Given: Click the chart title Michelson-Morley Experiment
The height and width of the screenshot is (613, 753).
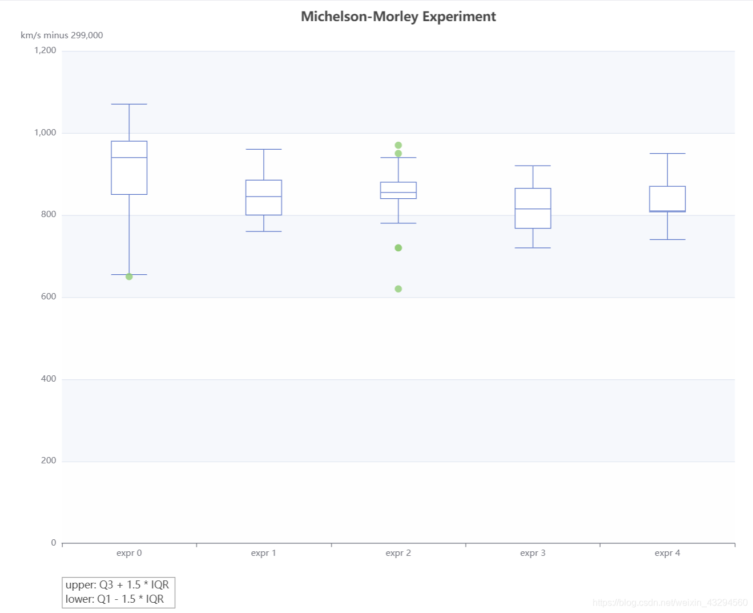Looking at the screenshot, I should (x=398, y=17).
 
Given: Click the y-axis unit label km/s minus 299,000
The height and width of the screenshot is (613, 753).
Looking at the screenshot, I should (x=62, y=35).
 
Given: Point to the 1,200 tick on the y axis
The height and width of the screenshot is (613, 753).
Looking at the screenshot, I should (x=45, y=50).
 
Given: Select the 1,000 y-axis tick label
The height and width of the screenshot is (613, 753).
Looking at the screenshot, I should (x=45, y=133).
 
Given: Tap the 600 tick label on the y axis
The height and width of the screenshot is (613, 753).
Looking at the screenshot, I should (x=49, y=297).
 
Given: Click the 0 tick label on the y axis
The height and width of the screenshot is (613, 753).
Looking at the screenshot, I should (x=54, y=543).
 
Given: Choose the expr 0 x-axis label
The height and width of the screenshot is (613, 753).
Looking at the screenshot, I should (x=129, y=553).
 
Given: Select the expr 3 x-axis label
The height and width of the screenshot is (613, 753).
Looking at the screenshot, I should (x=533, y=553).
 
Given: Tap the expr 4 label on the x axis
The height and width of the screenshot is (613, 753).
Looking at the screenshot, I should (x=667, y=553).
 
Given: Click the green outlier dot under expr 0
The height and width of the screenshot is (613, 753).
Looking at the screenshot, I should (x=129, y=277).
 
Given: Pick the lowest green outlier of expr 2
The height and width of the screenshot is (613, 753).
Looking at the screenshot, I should (x=398, y=289).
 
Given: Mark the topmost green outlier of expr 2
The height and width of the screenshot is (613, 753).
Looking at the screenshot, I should (x=398, y=145).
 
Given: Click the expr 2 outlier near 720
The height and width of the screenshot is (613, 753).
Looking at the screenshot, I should (x=398, y=248).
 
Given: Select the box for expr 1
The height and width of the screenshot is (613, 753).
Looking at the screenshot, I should (x=264, y=198).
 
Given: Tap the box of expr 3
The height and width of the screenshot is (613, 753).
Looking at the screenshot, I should (x=533, y=209).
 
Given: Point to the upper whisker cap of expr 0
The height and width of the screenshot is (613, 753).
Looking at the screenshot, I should (x=129, y=104).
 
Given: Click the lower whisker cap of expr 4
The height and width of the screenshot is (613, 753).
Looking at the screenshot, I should (x=667, y=239).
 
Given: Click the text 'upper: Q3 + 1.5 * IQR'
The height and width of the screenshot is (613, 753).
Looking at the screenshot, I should (x=117, y=585).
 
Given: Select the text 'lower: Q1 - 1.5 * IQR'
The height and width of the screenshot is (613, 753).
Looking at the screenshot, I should (x=115, y=599).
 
